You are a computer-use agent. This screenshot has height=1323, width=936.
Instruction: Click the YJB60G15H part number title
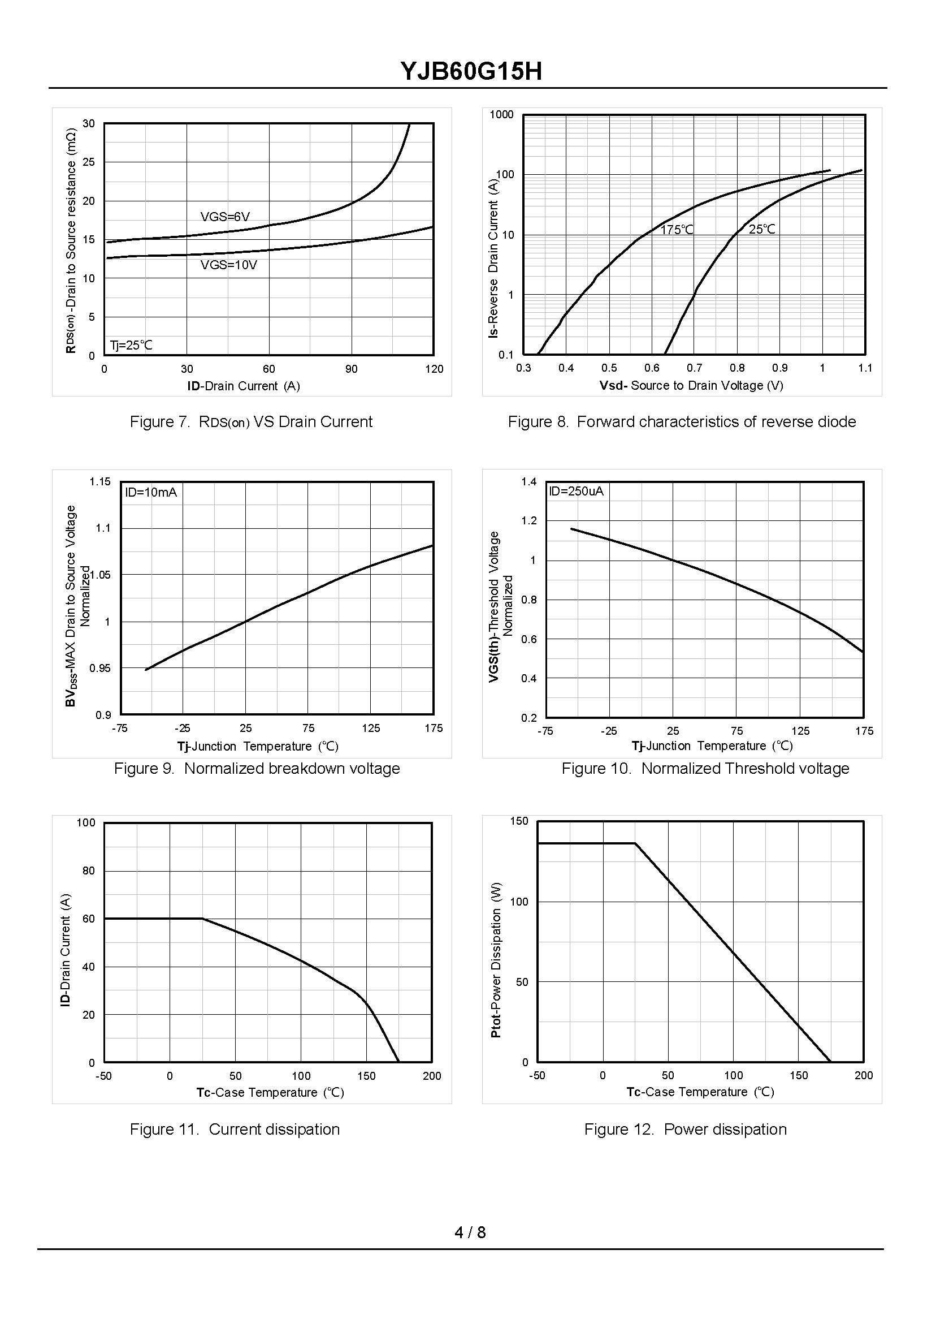471,72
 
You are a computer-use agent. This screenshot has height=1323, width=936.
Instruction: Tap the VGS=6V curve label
225,217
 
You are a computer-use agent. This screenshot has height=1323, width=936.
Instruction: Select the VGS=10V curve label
228,265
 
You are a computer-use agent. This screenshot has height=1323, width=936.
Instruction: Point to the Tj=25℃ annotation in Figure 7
131,346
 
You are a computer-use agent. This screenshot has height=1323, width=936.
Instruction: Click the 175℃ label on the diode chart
677,230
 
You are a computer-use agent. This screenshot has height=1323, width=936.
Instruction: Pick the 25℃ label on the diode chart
762,230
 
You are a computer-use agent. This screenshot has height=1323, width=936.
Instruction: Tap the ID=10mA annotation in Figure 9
151,493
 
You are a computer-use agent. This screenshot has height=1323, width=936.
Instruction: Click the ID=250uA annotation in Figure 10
576,492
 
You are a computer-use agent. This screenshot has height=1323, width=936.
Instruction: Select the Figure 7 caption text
251,422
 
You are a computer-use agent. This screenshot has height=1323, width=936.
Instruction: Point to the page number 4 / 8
470,1232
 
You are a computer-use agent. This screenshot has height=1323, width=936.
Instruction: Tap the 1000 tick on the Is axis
501,115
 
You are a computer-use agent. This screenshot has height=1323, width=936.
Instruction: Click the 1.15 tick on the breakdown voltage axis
100,481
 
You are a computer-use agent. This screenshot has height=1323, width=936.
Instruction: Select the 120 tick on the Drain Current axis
434,369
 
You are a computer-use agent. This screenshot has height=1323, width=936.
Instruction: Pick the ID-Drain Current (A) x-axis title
243,386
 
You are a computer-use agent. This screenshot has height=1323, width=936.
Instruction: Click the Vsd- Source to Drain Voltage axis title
691,385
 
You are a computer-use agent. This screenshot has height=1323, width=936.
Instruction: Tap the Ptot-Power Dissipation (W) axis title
496,960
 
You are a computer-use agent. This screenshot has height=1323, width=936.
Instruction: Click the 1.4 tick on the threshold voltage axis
528,481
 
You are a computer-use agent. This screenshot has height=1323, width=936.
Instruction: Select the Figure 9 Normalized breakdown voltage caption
257,769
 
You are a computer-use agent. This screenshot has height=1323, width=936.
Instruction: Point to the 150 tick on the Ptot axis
519,821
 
